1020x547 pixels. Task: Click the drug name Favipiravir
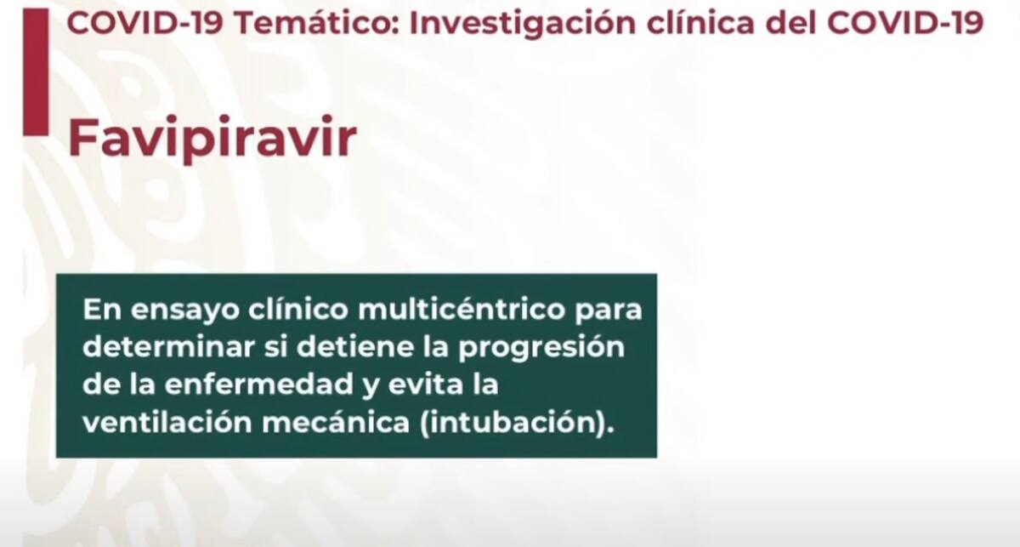tap(212, 138)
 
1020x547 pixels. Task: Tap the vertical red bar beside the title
tap(36, 72)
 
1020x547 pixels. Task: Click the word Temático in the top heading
tap(317, 23)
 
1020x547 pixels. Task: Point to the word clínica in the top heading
tap(700, 23)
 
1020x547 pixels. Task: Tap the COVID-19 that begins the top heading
tap(145, 23)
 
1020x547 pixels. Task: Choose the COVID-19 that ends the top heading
tap(905, 23)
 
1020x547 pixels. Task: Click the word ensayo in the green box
tap(189, 310)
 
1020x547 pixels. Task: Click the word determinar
tap(169, 346)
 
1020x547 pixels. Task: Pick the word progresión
tap(541, 349)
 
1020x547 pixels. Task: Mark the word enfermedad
tap(259, 385)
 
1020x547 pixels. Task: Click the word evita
tap(425, 385)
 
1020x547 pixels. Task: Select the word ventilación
tap(167, 422)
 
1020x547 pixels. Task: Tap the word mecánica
tap(336, 422)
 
